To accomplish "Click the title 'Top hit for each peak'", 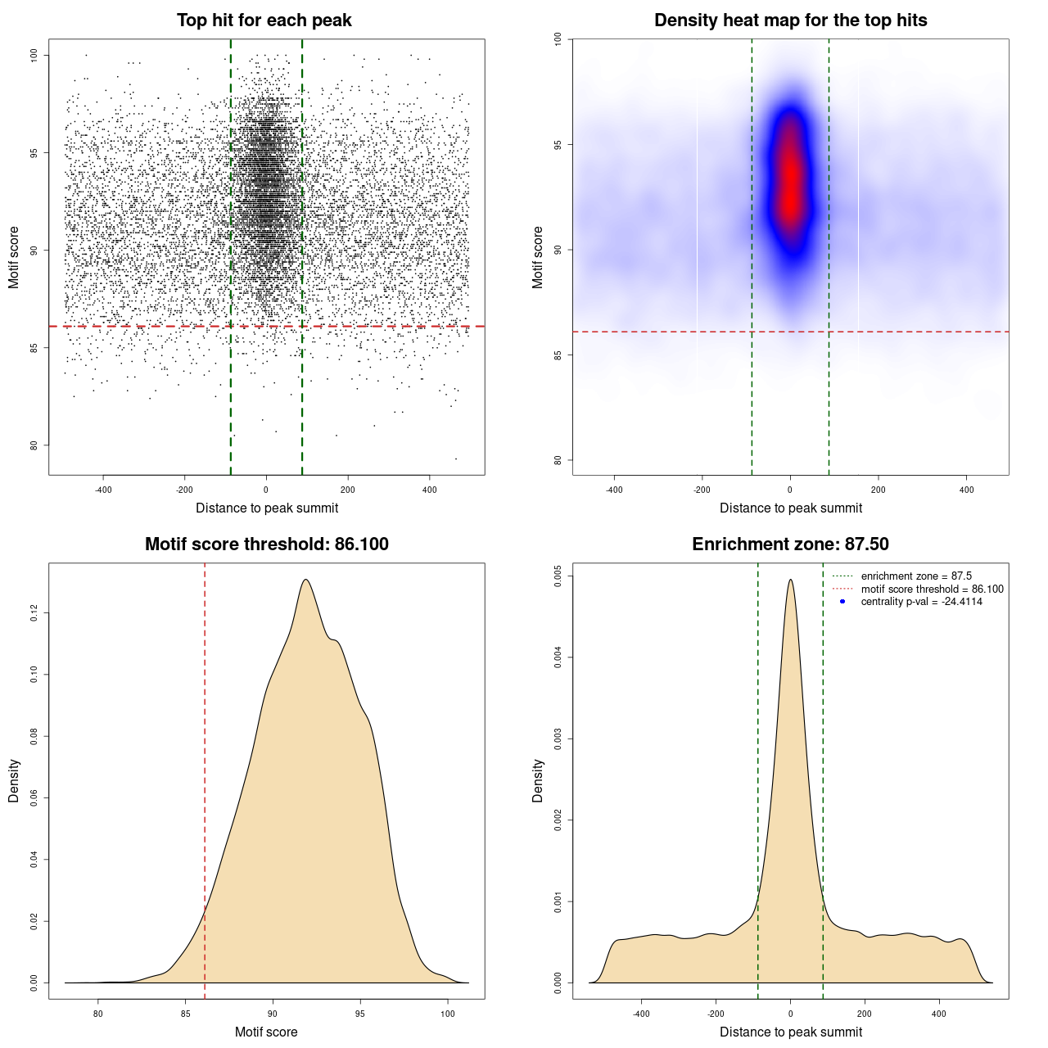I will coord(264,20).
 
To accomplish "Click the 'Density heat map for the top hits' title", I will coord(790,20).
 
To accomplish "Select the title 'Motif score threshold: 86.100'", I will coord(266,544).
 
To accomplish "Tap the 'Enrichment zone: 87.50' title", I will coord(790,544).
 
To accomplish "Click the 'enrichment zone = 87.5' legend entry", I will coord(916,576).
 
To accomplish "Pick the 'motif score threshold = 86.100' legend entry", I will coord(932,589).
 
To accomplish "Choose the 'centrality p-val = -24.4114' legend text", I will coord(921,602).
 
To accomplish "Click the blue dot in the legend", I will coord(842,602).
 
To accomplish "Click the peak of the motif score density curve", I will coord(305,580).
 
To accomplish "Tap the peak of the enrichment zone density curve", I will coord(790,580).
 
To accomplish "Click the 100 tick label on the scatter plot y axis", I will coord(34,55).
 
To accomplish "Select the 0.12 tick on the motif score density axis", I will coord(34,613).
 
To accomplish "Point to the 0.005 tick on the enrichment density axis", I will coord(558,576).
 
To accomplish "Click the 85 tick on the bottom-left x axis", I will coord(186,1014).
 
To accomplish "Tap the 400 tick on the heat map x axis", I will coord(967,490).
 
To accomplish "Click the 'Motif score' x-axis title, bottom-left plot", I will coord(266,1032).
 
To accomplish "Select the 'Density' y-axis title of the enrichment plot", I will coord(538,780).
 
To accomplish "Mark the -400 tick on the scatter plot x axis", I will coord(103,490).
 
